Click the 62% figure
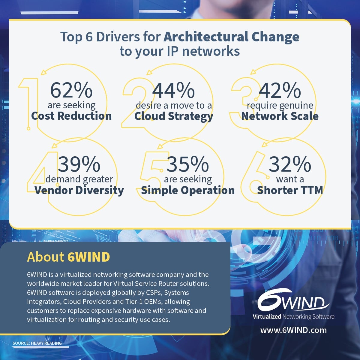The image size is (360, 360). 71,90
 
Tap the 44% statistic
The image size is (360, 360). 173,90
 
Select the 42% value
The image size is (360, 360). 280,90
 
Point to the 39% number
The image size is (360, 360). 79,164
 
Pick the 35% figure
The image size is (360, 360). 187,164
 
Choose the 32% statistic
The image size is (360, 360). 290,164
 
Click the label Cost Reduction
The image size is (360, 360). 71,116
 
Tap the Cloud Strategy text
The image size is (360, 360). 174,116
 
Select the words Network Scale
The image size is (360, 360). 280,116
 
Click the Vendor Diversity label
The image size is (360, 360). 79,190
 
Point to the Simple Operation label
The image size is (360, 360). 188,190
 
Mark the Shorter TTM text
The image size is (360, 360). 290,190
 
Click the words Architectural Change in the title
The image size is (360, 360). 231,37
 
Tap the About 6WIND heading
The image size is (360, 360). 68,257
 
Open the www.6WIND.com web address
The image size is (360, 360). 293,330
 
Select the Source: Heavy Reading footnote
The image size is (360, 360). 37,343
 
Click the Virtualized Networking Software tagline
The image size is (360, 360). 293,317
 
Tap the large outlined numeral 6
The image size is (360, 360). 253,180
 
